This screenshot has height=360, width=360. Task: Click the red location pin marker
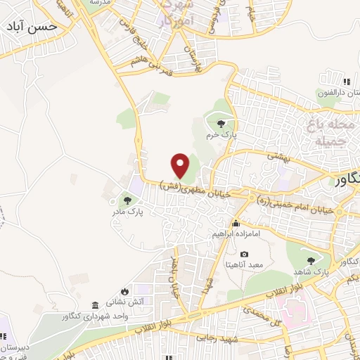coord(181,165)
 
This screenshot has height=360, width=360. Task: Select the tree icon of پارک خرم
coord(221,125)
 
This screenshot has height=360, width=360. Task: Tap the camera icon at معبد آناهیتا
coord(244,254)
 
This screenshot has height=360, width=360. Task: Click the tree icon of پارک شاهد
coord(311,261)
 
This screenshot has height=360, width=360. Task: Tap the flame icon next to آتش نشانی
coord(124,291)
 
